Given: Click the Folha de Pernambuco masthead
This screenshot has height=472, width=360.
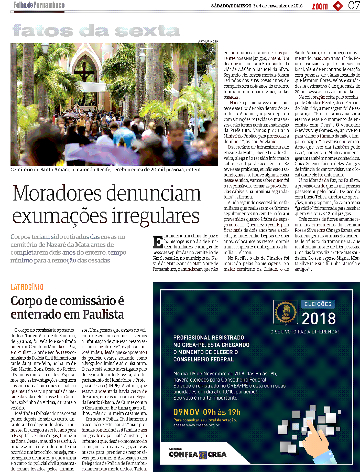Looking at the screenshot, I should (x=39, y=5).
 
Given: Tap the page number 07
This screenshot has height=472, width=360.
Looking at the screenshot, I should (x=354, y=5).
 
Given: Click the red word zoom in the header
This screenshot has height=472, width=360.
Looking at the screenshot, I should (x=320, y=6).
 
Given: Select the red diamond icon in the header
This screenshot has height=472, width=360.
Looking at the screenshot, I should (x=338, y=6).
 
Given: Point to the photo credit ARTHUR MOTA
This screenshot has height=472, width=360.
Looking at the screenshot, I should (x=208, y=41).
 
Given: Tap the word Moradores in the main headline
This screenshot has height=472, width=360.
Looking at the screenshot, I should (x=57, y=193).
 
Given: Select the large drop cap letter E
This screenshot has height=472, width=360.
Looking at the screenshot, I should (x=158, y=242).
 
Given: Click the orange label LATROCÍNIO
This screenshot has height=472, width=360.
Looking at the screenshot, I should (x=27, y=287).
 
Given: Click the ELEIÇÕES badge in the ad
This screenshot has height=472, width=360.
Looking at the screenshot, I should (x=318, y=304).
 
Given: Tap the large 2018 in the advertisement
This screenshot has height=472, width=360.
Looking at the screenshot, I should (x=319, y=318).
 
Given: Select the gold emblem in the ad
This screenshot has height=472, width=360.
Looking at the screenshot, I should (x=286, y=312).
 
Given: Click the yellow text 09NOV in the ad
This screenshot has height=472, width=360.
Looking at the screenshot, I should (x=186, y=412).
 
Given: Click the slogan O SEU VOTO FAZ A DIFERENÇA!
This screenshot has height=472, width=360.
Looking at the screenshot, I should (x=304, y=332).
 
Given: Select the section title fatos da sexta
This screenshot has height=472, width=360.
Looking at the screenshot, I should (x=96, y=31).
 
